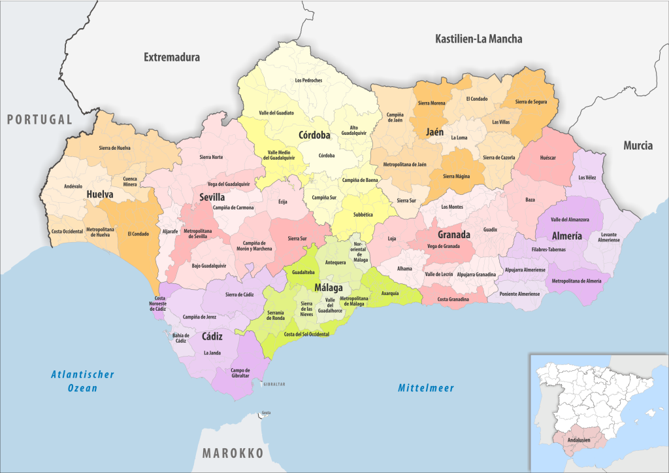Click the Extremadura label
click(x=171, y=58)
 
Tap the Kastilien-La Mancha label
click(x=478, y=39)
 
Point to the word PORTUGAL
click(x=39, y=119)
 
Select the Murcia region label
click(x=637, y=145)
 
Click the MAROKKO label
click(x=232, y=453)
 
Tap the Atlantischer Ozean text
click(x=83, y=381)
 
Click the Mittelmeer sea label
click(x=426, y=388)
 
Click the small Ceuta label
click(x=266, y=413)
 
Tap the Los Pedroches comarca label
click(x=308, y=80)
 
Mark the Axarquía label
click(x=391, y=294)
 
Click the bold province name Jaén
click(x=434, y=131)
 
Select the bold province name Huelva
click(x=99, y=194)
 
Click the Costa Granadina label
click(x=453, y=299)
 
